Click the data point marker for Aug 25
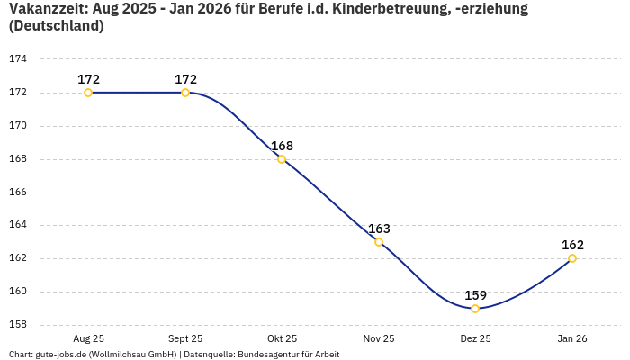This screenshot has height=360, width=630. (88, 93)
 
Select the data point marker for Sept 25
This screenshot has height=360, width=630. (185, 93)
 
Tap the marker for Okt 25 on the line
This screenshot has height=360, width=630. (282, 159)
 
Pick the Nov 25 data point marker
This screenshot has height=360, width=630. (379, 242)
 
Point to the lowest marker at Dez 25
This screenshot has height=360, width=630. (475, 309)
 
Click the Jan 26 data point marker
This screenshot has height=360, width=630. (572, 258)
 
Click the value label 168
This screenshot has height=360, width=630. (282, 146)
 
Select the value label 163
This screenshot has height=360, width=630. (379, 229)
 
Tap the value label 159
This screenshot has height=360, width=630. (475, 295)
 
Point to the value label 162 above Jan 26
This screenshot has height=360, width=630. (572, 245)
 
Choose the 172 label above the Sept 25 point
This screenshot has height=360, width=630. (185, 79)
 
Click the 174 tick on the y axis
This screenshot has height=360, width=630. (18, 59)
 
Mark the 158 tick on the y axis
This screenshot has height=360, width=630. (18, 325)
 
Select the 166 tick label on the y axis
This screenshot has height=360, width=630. (18, 193)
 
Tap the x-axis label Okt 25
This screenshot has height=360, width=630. (282, 338)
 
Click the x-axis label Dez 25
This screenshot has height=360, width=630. (475, 338)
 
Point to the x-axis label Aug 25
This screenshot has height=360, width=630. (88, 338)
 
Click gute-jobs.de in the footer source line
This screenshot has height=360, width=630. (61, 355)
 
